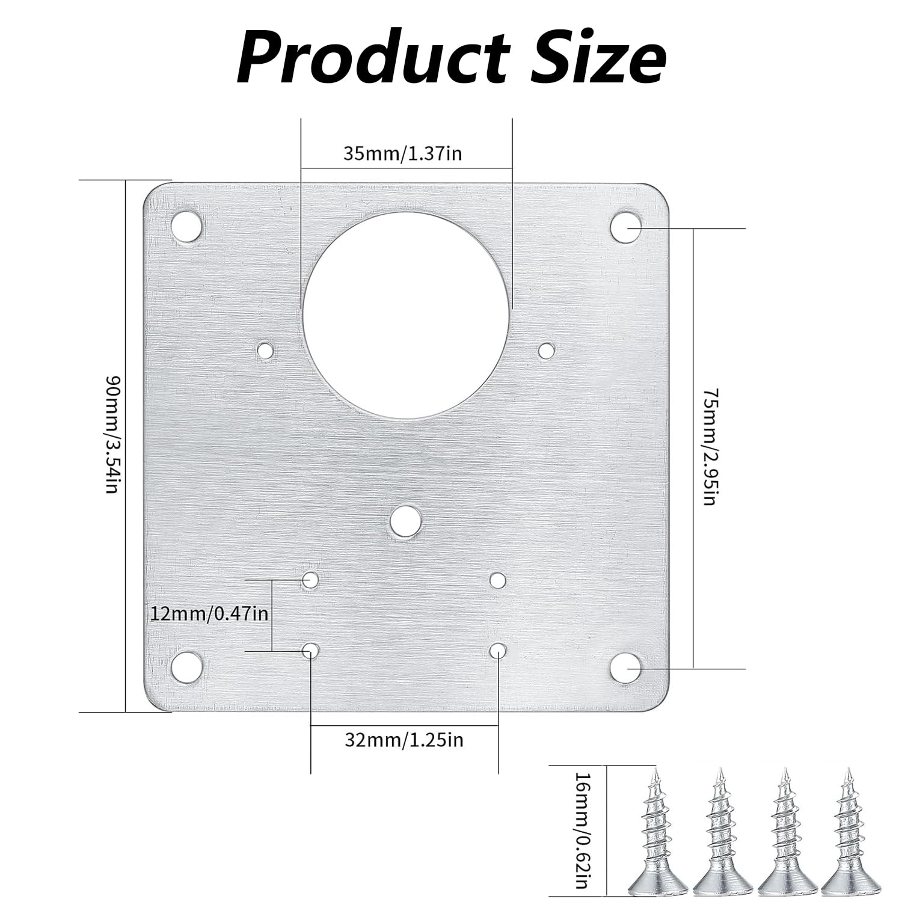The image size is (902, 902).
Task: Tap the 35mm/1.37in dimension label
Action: [403, 153]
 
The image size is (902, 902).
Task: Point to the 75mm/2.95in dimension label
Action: [710, 447]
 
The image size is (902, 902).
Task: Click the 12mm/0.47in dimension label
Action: [209, 614]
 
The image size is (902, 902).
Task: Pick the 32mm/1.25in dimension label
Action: [404, 739]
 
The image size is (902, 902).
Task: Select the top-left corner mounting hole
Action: [186, 227]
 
